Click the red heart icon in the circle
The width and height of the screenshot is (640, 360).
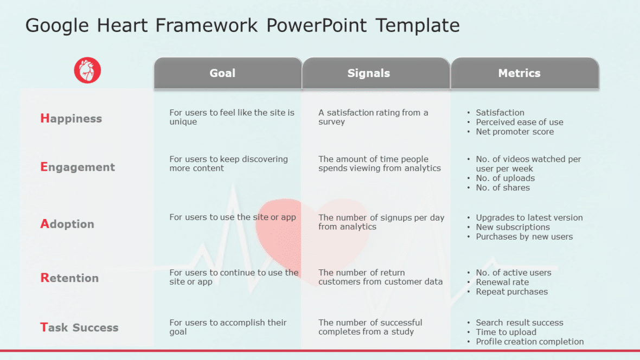coord(87,70)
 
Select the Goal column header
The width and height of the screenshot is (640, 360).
coord(222,73)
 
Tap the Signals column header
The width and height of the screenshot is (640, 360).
coord(369,73)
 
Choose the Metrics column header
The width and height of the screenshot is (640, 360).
coord(519,73)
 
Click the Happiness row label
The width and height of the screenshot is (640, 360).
coord(71,119)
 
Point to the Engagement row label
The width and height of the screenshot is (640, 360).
coord(78,167)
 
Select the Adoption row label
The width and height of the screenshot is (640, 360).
coord(67,224)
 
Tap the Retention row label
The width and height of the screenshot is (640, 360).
coord(69,278)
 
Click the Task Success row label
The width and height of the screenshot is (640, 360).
coord(79,327)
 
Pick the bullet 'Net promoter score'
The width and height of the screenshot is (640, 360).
coord(515,132)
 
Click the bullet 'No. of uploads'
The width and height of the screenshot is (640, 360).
coord(505,178)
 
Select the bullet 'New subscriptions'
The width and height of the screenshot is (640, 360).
coord(513,227)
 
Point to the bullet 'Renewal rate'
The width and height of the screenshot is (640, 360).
coord(502,282)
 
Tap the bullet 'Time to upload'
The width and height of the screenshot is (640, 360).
coord(506,332)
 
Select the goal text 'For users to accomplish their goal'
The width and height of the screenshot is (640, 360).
coord(228,327)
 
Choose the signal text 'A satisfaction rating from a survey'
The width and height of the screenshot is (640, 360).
coord(373,117)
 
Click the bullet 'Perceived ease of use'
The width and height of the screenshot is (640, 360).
coord(519,122)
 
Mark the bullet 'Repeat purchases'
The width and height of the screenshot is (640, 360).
coord(511,292)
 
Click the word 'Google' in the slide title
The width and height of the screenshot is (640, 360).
coord(58,25)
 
